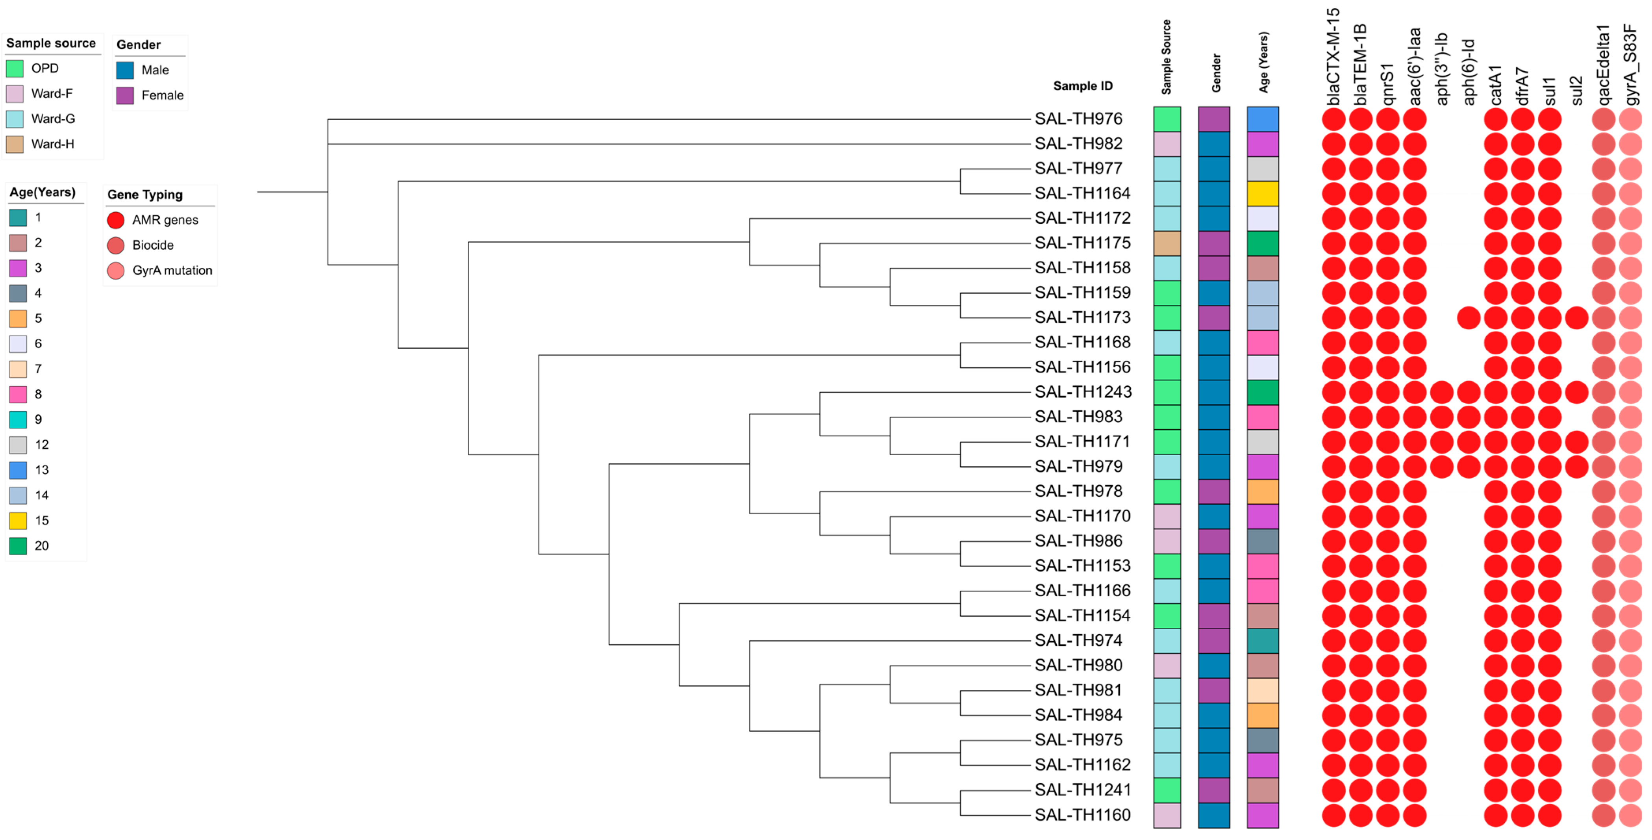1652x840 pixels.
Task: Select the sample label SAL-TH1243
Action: (1083, 392)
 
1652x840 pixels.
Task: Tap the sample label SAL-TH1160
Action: (1083, 815)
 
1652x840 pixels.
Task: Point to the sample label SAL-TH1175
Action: (1083, 243)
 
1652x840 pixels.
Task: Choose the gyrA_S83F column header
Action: (1631, 64)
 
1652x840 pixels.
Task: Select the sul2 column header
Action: (1577, 90)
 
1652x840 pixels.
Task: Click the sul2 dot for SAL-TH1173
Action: (1576, 318)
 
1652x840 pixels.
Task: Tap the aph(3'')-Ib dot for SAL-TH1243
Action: (1442, 392)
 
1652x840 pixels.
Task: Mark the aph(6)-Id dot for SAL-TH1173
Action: (1469, 318)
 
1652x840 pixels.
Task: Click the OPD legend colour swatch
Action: (15, 69)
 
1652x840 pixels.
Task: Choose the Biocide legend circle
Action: (115, 245)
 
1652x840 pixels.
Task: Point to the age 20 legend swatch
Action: (18, 545)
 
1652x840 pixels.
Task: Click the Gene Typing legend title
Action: (145, 195)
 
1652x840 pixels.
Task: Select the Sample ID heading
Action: (1083, 86)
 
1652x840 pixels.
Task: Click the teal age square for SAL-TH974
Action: (1262, 640)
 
